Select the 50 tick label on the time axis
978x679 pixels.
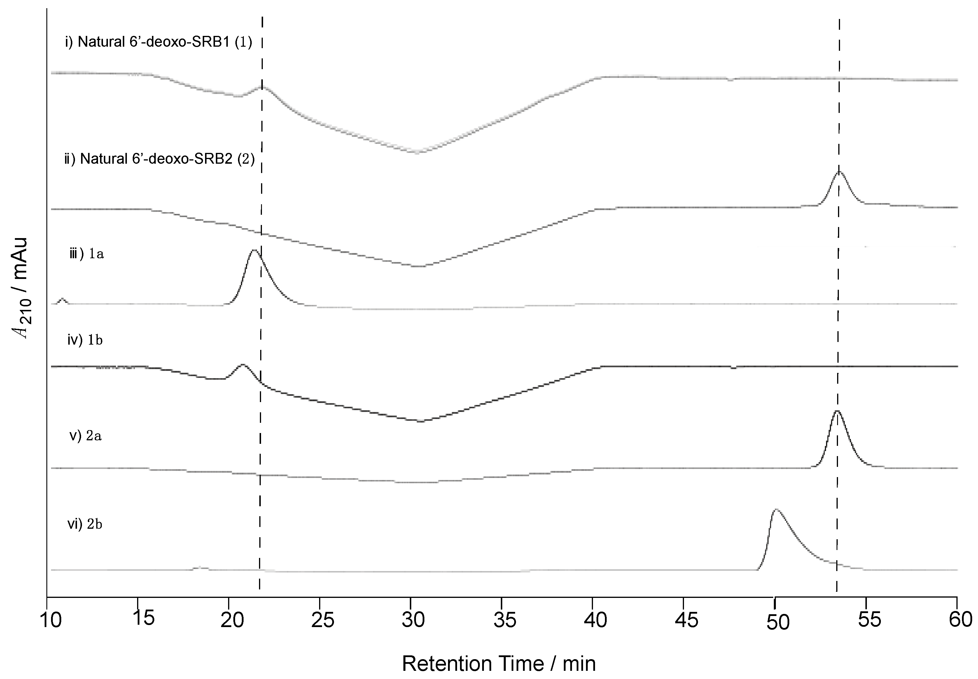click(x=778, y=622)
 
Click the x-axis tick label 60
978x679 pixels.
click(x=960, y=619)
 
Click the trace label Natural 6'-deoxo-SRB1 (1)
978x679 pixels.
click(x=159, y=42)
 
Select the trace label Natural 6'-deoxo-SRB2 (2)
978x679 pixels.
click(x=160, y=159)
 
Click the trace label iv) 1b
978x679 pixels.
click(x=85, y=340)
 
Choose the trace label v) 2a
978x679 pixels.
click(x=85, y=436)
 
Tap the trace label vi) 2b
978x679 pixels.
click(x=85, y=524)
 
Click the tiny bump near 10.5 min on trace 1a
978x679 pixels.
click(x=62, y=299)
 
